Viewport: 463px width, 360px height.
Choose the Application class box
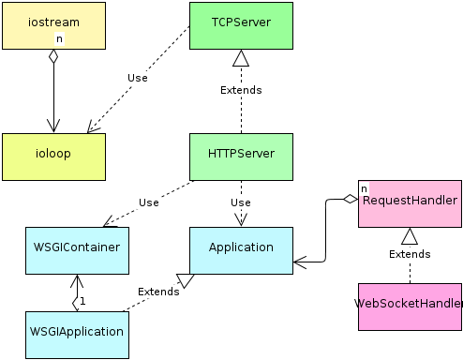tap(241, 249)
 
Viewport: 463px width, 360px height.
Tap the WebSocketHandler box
tap(410, 306)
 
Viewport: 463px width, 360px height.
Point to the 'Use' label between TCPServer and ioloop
tap(139, 77)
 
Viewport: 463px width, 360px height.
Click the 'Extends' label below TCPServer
tap(241, 90)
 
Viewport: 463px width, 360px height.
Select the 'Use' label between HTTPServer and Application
tap(241, 202)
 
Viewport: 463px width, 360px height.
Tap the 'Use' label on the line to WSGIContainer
tap(148, 202)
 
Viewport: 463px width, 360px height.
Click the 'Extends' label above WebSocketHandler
tap(410, 254)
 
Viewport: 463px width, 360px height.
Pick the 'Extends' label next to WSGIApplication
tap(158, 292)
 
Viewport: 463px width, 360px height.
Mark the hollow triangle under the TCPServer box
tap(241, 58)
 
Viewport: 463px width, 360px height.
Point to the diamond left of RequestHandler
tap(350, 198)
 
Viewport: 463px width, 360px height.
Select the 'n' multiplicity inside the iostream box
tap(59, 39)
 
